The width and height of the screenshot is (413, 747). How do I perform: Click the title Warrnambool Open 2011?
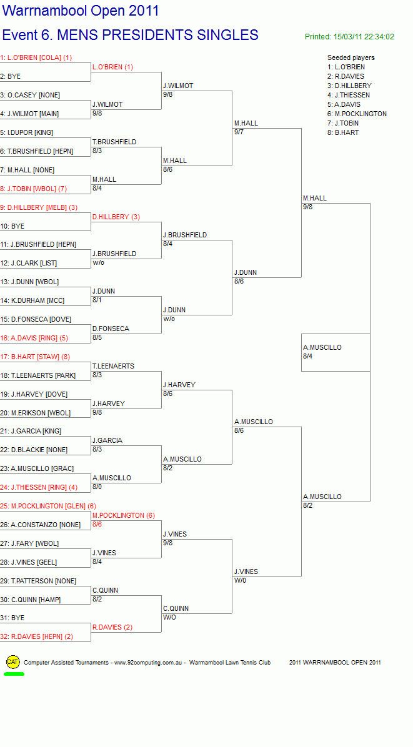[81, 11]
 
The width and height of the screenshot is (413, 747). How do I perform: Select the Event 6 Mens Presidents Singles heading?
[130, 35]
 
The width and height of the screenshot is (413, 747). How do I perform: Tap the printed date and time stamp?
[349, 37]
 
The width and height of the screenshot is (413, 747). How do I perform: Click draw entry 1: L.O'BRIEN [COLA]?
[36, 57]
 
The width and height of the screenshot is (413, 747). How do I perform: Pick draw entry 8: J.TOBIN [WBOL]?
[34, 189]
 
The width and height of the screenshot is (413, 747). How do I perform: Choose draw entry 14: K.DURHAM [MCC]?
[32, 300]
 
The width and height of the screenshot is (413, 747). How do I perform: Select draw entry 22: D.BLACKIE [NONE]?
[34, 450]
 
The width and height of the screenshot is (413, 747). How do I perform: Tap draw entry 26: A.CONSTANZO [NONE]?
[41, 525]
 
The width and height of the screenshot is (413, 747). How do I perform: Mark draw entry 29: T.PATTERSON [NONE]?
[38, 581]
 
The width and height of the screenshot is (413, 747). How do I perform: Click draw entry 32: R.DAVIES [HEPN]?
[37, 637]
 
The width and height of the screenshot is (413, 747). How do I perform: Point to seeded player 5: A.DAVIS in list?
[344, 104]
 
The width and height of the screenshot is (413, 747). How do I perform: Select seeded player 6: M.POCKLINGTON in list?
[357, 114]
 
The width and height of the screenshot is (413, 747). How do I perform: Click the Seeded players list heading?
[351, 57]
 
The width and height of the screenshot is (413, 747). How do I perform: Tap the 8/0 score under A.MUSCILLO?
[97, 487]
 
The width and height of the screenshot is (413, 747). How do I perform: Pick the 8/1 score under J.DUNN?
[97, 300]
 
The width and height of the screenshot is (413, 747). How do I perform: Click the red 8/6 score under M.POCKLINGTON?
[97, 524]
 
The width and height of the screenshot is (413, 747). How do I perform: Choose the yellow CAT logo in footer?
[13, 661]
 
